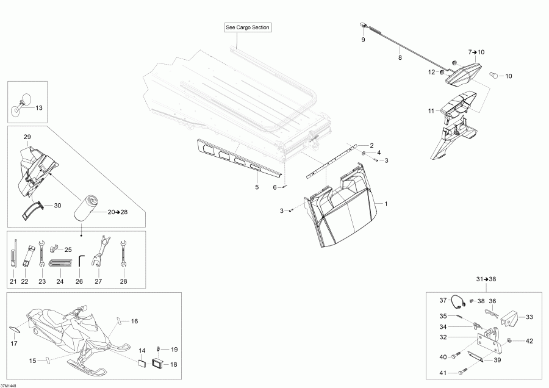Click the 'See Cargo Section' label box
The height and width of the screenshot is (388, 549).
pyautogui.click(x=247, y=27)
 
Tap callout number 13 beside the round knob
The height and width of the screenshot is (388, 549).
pyautogui.click(x=39, y=108)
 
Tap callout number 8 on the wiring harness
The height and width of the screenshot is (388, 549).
pyautogui.click(x=400, y=58)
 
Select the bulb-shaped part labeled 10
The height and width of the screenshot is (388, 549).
pyautogui.click(x=495, y=76)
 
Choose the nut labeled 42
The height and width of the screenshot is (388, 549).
pyautogui.click(x=510, y=340)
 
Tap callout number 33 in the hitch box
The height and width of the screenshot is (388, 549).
pyautogui.click(x=529, y=317)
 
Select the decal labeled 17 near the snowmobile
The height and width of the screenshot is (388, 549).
pyautogui.click(x=14, y=329)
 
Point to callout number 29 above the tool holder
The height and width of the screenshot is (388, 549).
pyautogui.click(x=27, y=135)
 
